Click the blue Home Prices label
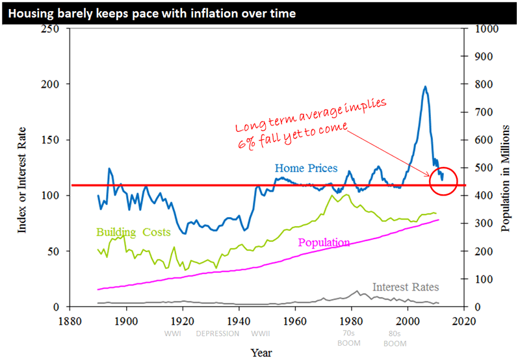[305, 168]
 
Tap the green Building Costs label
[133, 232]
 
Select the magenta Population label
[324, 242]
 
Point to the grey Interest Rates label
[406, 287]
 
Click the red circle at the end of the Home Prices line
[444, 180]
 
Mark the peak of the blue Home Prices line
[425, 86]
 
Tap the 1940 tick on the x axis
[239, 320]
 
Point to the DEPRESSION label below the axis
[217, 333]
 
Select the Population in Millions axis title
[505, 168]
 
